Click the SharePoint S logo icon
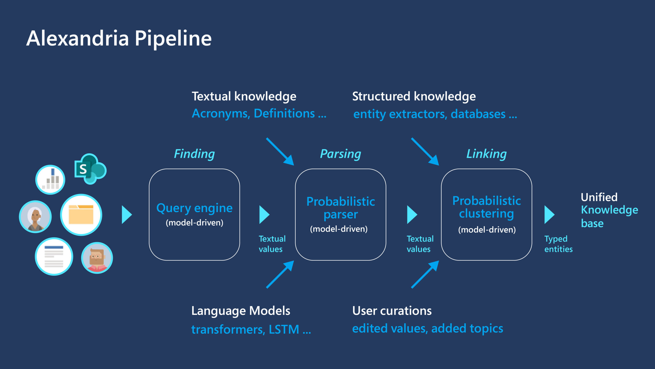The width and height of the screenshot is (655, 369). click(90, 169)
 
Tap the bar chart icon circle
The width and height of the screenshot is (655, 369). click(50, 180)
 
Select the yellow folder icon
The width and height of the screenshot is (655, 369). click(81, 215)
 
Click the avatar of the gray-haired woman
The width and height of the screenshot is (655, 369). click(35, 217)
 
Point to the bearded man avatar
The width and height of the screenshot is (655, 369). click(97, 258)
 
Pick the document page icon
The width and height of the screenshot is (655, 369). click(54, 257)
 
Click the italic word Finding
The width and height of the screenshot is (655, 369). click(194, 154)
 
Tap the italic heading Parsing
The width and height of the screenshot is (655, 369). click(340, 154)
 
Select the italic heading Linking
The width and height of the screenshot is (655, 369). click(486, 154)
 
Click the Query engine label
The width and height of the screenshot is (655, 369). click(194, 208)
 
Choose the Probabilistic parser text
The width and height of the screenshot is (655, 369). click(341, 208)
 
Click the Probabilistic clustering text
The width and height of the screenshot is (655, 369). click(486, 207)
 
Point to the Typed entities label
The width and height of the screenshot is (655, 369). click(558, 244)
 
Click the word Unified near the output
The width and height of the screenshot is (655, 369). click(599, 197)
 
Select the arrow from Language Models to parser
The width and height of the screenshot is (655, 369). click(280, 274)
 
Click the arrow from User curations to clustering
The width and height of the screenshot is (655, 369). click(425, 274)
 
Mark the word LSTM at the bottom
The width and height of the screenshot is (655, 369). click(284, 329)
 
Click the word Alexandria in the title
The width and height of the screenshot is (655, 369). click(78, 38)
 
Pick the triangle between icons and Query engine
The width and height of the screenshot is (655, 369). click(126, 215)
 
